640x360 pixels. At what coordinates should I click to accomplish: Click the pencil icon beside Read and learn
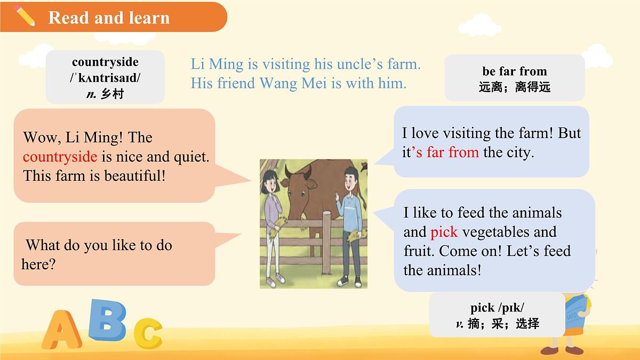[25, 17]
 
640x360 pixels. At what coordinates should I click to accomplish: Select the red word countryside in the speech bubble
[60, 157]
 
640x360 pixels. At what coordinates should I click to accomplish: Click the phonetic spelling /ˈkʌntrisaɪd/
[105, 78]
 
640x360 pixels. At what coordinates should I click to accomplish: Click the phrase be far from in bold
[514, 71]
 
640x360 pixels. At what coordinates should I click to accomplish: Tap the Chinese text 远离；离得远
[514, 87]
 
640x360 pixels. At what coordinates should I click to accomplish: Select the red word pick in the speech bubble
[444, 232]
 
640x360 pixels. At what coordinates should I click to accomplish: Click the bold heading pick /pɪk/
[497, 308]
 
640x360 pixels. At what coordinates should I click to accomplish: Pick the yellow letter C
[147, 332]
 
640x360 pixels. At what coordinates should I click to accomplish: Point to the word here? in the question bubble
[38, 264]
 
